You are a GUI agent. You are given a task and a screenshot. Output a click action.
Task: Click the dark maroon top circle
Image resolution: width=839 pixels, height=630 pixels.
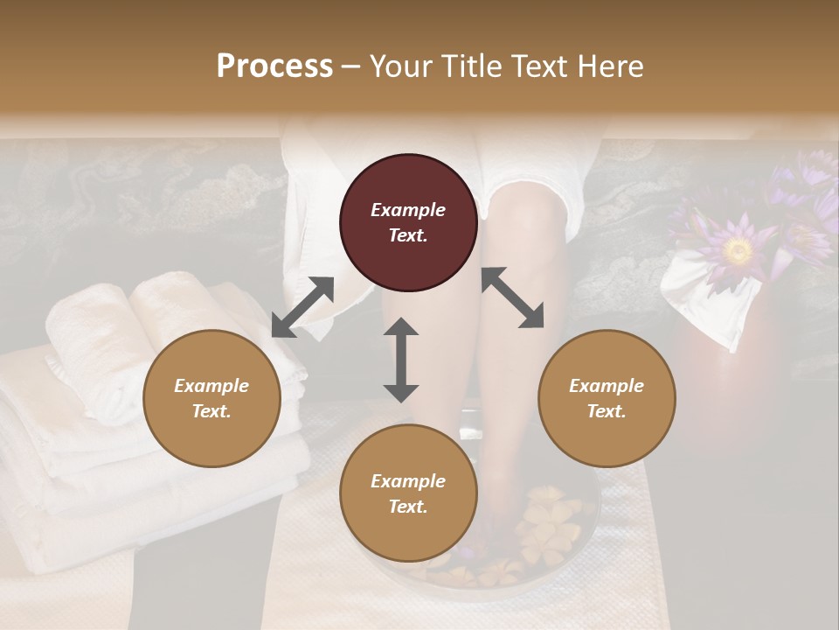tap(408, 222)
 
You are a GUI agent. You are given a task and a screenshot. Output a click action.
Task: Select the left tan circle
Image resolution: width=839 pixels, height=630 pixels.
tap(211, 398)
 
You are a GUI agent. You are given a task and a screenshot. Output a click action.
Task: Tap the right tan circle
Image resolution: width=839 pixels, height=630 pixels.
tap(607, 398)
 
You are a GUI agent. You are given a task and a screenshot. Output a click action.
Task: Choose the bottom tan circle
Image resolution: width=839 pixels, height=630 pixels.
tap(408, 493)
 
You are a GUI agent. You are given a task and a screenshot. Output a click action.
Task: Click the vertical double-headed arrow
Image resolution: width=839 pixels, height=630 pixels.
tap(401, 360)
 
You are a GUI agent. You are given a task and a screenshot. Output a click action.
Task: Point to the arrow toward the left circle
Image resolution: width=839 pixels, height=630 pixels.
tap(302, 307)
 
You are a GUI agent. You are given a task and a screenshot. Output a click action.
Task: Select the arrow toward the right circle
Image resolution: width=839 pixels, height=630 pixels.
tap(513, 297)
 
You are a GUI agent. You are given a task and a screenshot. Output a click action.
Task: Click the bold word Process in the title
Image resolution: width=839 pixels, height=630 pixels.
tap(274, 66)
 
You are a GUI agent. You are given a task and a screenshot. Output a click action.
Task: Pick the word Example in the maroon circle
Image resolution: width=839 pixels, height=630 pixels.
tap(408, 210)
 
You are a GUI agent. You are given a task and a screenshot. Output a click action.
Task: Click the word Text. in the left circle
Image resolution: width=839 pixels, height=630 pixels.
tap(211, 411)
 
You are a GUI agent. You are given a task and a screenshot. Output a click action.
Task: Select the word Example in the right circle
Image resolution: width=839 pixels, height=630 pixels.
tap(607, 386)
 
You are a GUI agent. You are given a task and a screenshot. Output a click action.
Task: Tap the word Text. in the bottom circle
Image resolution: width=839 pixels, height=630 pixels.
tap(408, 507)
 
